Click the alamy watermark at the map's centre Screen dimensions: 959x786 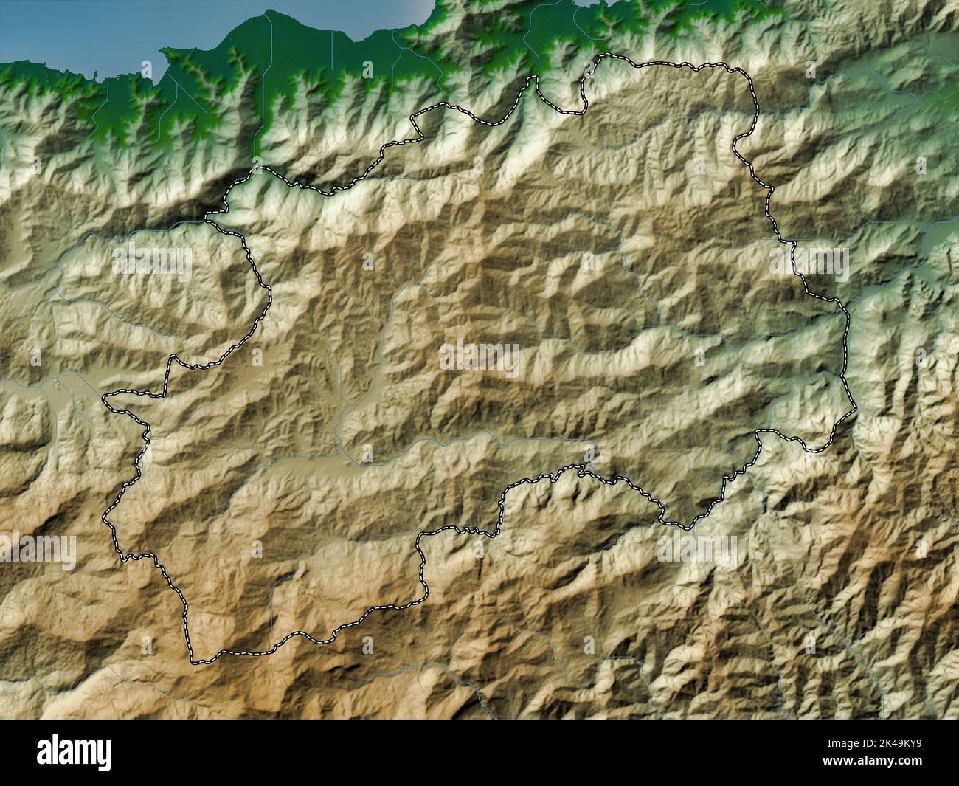(479, 359)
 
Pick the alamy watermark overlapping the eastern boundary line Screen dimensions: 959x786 (809, 261)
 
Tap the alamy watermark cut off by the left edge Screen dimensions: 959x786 (37, 550)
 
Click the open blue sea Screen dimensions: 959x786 (111, 30)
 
